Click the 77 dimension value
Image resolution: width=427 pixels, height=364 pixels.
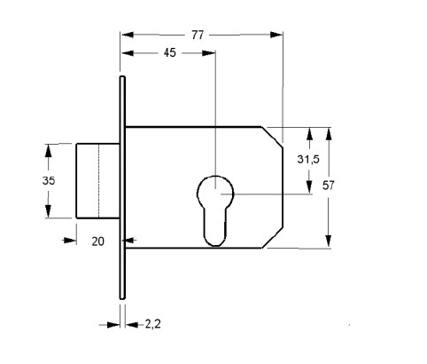pyautogui.click(x=198, y=35)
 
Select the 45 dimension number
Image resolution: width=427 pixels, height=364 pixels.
pyautogui.click(x=169, y=53)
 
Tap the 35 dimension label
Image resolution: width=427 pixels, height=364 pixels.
pyautogui.click(x=49, y=180)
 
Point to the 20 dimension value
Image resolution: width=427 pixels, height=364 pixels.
pyautogui.click(x=97, y=241)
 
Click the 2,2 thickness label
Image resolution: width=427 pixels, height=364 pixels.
pyautogui.click(x=152, y=324)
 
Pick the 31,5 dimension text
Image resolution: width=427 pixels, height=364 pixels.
pyautogui.click(x=308, y=160)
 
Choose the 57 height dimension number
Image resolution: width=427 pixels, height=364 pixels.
pyautogui.click(x=328, y=186)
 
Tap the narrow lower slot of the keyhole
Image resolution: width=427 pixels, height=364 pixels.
pyautogui.click(x=215, y=227)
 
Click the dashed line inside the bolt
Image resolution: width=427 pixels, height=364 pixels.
pyautogui.click(x=98, y=181)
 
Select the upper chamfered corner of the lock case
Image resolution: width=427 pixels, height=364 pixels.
pyautogui.click(x=272, y=137)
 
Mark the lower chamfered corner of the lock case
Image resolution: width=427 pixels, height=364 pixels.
pyautogui.click(x=272, y=238)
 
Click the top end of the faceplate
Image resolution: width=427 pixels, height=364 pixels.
pyautogui.click(x=122, y=77)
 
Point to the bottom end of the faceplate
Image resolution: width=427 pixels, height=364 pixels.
pyautogui.click(x=122, y=297)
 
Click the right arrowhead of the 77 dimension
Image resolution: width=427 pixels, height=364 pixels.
pyautogui.click(x=276, y=35)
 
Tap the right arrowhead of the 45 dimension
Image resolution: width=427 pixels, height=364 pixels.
pyautogui.click(x=208, y=53)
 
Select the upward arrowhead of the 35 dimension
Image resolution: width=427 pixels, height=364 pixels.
pyautogui.click(x=48, y=151)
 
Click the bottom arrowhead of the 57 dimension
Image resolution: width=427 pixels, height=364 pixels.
pyautogui.click(x=329, y=241)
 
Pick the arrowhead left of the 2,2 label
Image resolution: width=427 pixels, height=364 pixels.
pyautogui.click(x=113, y=325)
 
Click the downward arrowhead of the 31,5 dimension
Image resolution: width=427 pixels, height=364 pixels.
pyautogui.click(x=309, y=187)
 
